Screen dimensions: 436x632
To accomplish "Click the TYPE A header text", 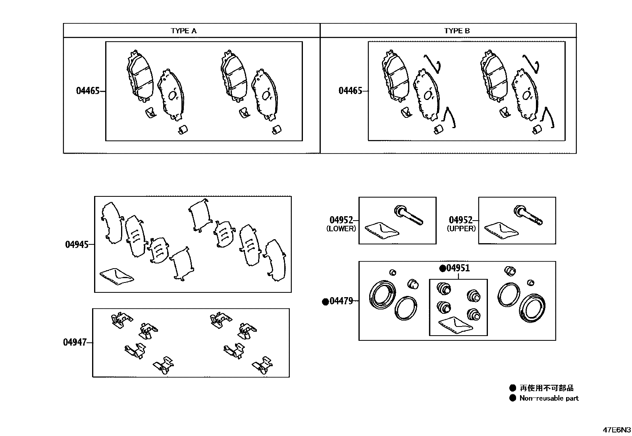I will pyautogui.click(x=183, y=31).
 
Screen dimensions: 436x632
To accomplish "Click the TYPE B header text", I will pyautogui.click(x=457, y=31).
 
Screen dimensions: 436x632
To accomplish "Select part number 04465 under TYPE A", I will pyautogui.click(x=88, y=91).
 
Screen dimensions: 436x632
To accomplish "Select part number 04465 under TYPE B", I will pyautogui.click(x=350, y=91).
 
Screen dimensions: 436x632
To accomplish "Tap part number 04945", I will pyautogui.click(x=77, y=244).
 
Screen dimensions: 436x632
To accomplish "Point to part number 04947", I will pyautogui.click(x=75, y=342).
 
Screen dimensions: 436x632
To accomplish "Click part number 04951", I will pyautogui.click(x=458, y=268).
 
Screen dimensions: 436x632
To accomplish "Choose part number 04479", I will pyautogui.click(x=341, y=301).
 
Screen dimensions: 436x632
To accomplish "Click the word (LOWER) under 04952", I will pyautogui.click(x=341, y=229).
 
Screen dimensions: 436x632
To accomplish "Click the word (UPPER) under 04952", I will pyautogui.click(x=461, y=229).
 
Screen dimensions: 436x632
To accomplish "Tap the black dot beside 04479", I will pyautogui.click(x=326, y=302).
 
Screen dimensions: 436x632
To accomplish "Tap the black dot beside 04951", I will pyautogui.click(x=442, y=269).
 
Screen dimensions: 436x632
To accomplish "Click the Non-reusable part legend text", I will pyautogui.click(x=549, y=398).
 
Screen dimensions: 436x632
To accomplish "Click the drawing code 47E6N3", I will pyautogui.click(x=617, y=430).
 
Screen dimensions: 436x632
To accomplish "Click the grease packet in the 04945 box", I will pyautogui.click(x=117, y=276).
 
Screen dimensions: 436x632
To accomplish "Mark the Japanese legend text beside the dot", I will pyautogui.click(x=546, y=388).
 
